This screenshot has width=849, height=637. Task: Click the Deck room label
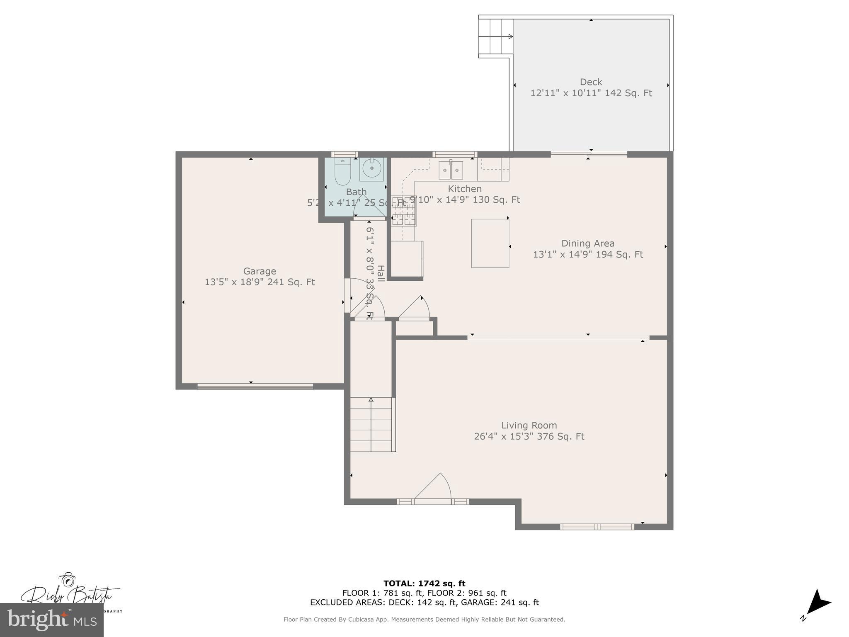point(591,82)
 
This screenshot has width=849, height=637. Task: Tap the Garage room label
point(260,271)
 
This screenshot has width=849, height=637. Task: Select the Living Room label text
point(529,425)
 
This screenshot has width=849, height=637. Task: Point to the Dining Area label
point(587,243)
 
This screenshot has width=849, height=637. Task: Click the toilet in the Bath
point(342,173)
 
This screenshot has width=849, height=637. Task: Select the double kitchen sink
point(451,170)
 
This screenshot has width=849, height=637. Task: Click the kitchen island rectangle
point(490,243)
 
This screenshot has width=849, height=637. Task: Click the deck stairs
point(494,36)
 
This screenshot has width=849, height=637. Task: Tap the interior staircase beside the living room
point(371,424)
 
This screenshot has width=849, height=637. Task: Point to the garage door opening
point(255,387)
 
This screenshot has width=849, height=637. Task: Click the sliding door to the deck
point(589,155)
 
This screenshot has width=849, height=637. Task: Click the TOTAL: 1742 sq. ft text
point(424,584)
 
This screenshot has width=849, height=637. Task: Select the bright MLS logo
point(52,620)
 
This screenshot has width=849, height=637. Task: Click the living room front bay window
point(597,527)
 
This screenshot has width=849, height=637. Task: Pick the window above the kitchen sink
point(455,154)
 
